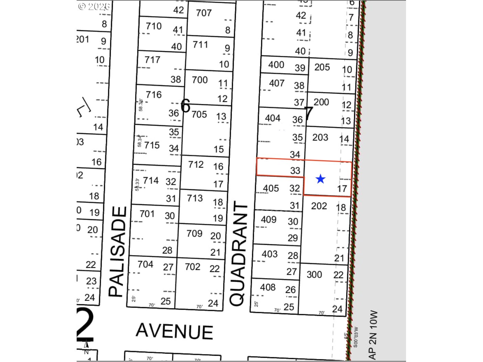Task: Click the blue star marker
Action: click(x=320, y=179)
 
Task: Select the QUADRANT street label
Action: click(x=238, y=254)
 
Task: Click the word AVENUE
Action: click(x=174, y=331)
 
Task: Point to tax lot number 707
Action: click(x=204, y=13)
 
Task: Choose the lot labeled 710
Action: click(x=153, y=26)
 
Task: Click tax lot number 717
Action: click(x=152, y=60)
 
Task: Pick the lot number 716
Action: click(x=153, y=94)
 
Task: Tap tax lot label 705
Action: click(x=199, y=114)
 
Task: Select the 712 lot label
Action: click(x=196, y=165)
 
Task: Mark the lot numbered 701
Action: click(x=147, y=214)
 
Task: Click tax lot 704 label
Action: click(x=145, y=264)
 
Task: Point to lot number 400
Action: click(x=276, y=65)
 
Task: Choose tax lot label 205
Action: click(x=322, y=67)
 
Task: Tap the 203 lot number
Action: click(x=320, y=137)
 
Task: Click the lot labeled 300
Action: click(x=314, y=274)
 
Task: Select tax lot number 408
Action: click(x=267, y=287)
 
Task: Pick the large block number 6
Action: click(x=185, y=106)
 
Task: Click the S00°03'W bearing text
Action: click(x=355, y=337)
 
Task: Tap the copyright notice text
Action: click(x=94, y=6)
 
